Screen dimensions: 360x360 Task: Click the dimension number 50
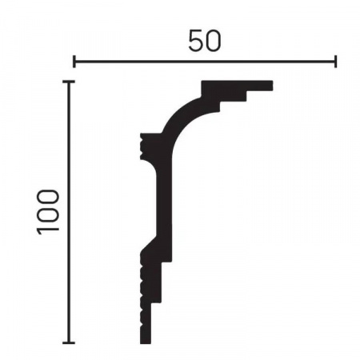(205, 41)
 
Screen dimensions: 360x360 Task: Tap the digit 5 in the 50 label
(196, 41)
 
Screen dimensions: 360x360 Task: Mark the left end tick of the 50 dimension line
(74, 62)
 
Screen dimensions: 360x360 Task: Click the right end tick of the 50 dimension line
(335, 62)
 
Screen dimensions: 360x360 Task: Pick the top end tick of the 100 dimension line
(69, 82)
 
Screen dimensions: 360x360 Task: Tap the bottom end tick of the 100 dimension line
(69, 342)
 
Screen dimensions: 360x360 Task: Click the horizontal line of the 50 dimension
(205, 62)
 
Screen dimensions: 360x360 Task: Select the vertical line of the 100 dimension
(69, 212)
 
